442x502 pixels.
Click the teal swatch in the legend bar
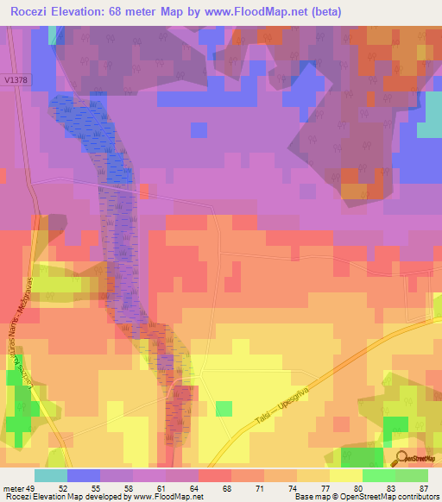click(51, 475)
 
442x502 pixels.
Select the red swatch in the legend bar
click(215, 475)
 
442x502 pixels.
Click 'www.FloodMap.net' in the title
click(265, 12)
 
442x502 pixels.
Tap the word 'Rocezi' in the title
click(36, 12)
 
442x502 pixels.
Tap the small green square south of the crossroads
click(224, 409)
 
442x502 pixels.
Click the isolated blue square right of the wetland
click(199, 129)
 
